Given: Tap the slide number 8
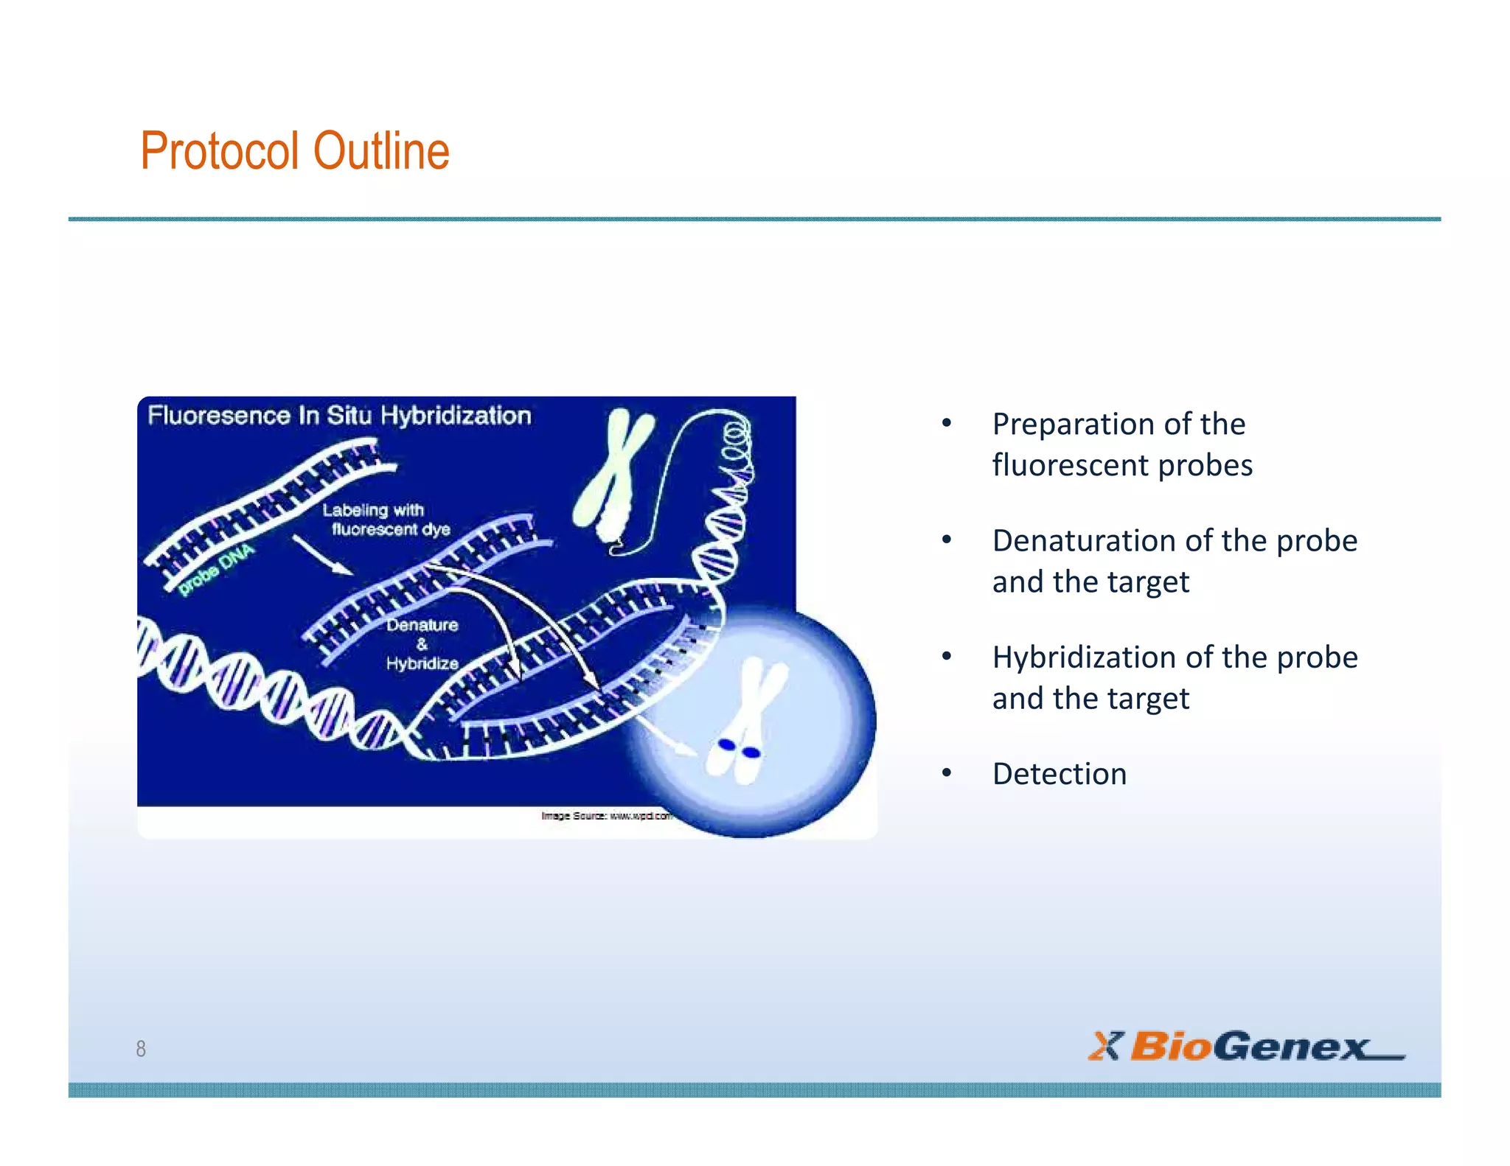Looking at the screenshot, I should pos(141,1048).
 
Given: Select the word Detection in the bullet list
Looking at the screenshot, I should pos(1059,774).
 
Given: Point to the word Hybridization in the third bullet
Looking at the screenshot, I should pos(1084,657).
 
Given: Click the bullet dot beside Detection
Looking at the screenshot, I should pos(947,773).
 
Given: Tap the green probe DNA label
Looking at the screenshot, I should pos(216,569).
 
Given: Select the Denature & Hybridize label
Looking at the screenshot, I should pos(422,644).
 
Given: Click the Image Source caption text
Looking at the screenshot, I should pos(605,816).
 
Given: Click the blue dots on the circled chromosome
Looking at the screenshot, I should pos(739,749).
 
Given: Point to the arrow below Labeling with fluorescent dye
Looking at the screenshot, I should pos(321,554).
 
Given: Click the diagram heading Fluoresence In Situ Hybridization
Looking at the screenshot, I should pos(339,416).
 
